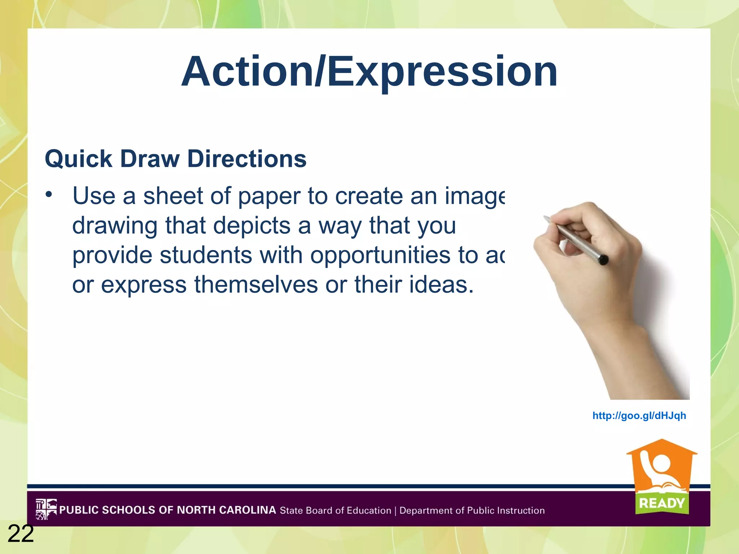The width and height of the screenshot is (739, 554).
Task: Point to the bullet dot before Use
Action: [49, 195]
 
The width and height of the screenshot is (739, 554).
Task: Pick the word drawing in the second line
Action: [115, 226]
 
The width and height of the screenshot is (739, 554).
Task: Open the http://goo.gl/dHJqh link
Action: [639, 416]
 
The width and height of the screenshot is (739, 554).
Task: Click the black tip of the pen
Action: [603, 259]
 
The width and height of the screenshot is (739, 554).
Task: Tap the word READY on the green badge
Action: [662, 503]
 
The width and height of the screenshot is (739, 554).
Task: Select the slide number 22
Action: [21, 534]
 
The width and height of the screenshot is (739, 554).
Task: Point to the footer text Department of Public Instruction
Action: [472, 510]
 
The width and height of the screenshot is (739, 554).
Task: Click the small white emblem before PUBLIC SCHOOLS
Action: [46, 509]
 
